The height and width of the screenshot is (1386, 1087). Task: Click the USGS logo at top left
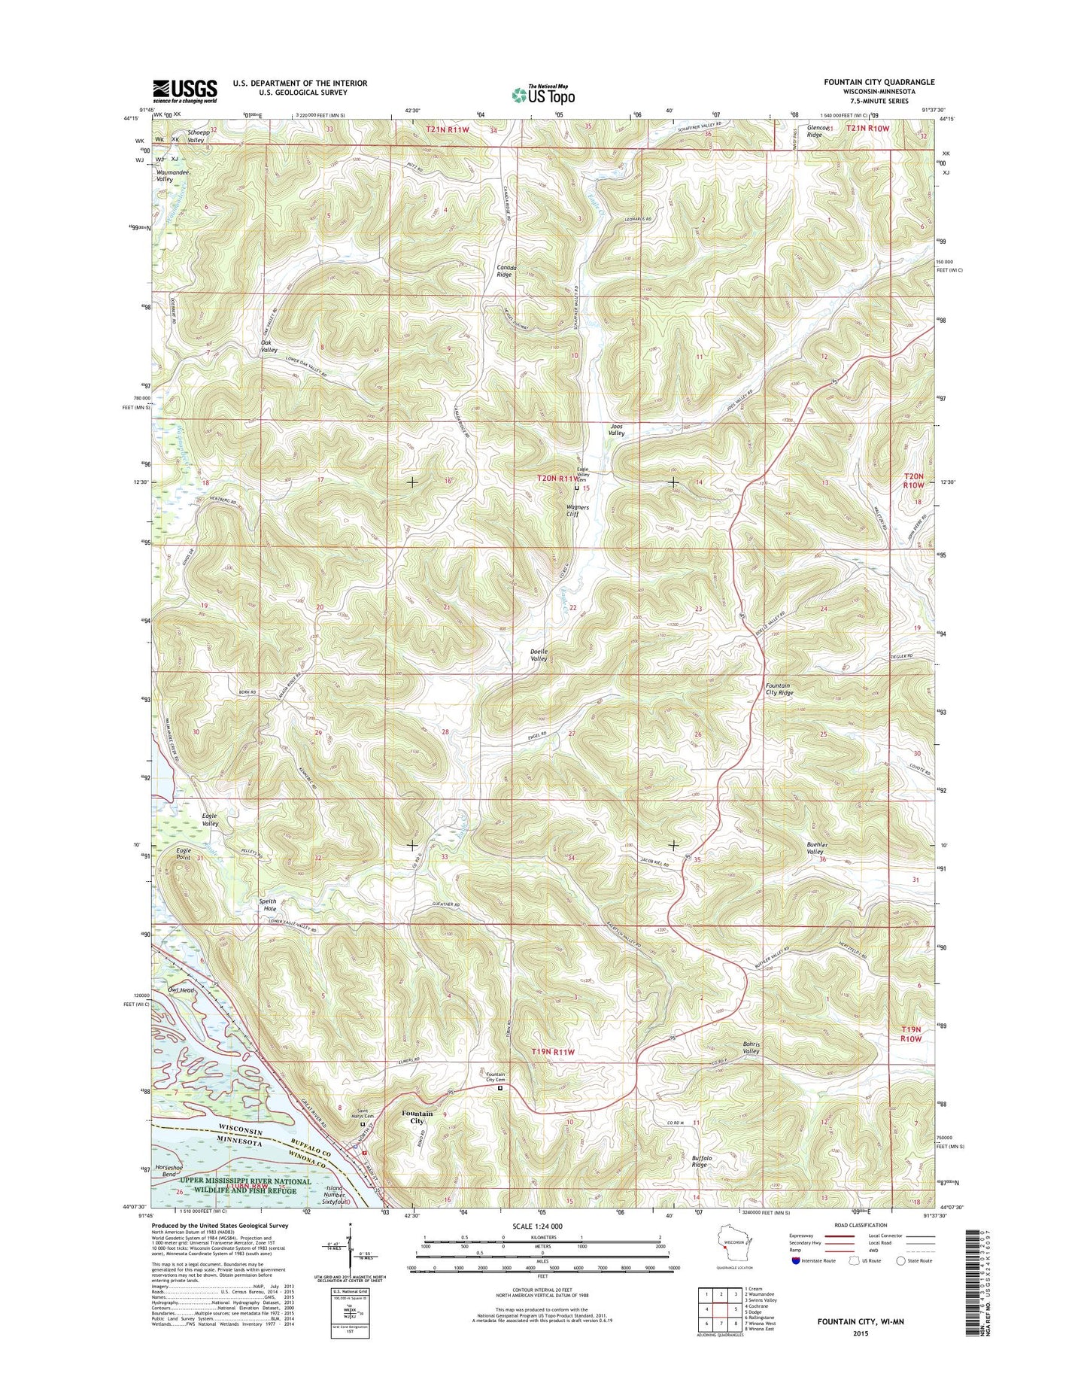[185, 90]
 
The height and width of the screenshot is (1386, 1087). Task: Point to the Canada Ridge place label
[504, 271]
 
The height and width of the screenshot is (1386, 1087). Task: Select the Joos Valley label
[616, 429]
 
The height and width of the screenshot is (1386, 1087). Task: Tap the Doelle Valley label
[539, 655]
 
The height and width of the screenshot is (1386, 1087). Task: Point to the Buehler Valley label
[812, 848]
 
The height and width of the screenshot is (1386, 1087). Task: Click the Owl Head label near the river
[182, 990]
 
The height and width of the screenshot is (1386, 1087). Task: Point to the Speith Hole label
[268, 905]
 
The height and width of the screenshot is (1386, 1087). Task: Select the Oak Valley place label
[269, 346]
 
